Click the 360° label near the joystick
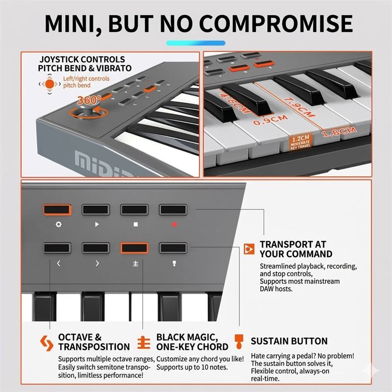(89, 99)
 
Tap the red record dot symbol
(173, 224)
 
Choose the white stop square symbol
(135, 224)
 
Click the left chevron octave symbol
(59, 263)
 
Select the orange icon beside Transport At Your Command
(249, 249)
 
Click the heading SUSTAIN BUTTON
(289, 341)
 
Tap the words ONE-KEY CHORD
(192, 347)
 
